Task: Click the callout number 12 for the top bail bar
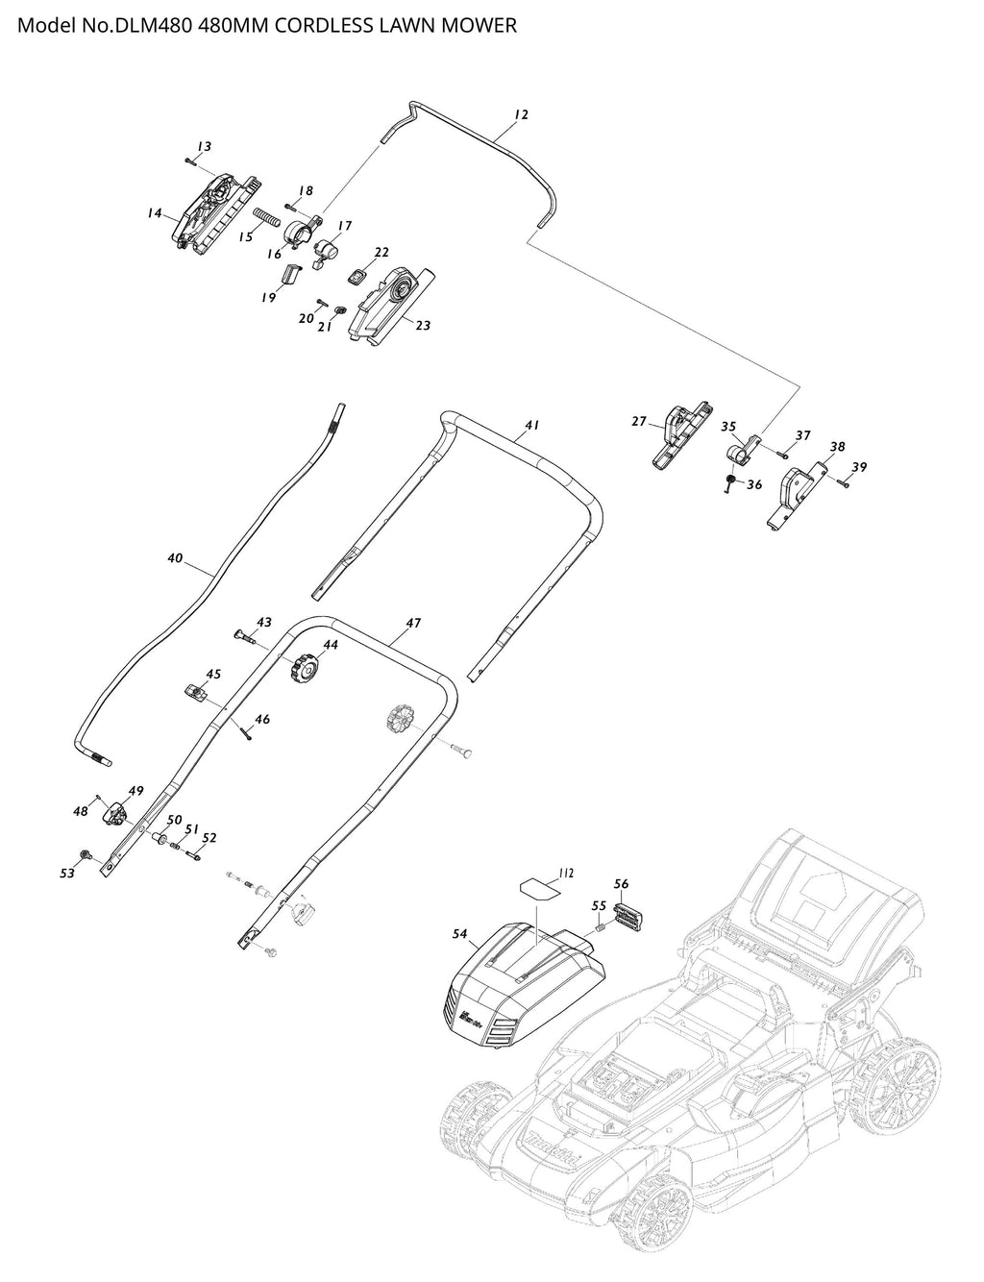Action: pyautogui.click(x=521, y=114)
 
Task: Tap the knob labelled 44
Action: pyautogui.click(x=304, y=667)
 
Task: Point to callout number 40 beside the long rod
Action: pyautogui.click(x=174, y=557)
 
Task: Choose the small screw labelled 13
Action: pyautogui.click(x=189, y=160)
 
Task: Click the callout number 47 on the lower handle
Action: pyautogui.click(x=413, y=623)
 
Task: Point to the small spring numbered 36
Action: pyautogui.click(x=730, y=481)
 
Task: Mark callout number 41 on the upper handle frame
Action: pyautogui.click(x=531, y=424)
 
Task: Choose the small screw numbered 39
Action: pyautogui.click(x=844, y=484)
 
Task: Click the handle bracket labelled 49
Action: pyautogui.click(x=116, y=814)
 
